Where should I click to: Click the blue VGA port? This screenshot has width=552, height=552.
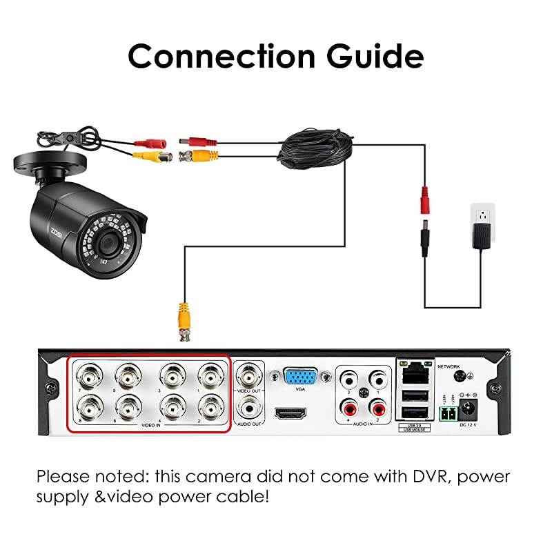(x=300, y=377)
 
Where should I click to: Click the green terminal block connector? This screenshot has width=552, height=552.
(x=446, y=414)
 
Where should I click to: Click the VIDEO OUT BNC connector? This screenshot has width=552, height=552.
(x=248, y=377)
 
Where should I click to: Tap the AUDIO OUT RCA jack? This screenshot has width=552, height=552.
(x=248, y=408)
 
